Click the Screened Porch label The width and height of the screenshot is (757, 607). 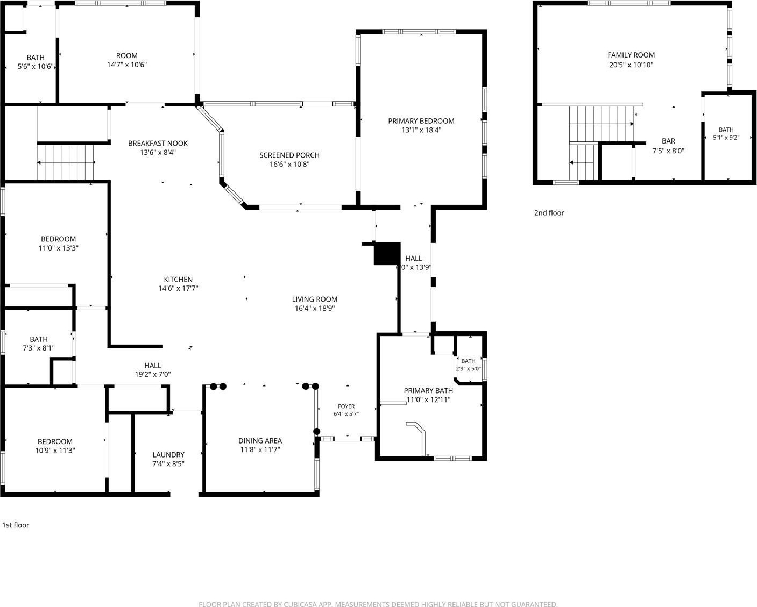[289, 155]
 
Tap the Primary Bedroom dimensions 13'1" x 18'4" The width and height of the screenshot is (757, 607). [421, 130]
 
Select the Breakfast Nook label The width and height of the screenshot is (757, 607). [158, 144]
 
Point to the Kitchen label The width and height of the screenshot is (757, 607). [178, 280]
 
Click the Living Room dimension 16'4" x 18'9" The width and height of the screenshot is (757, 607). [315, 308]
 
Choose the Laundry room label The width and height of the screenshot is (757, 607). [168, 454]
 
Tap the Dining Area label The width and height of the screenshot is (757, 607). [260, 440]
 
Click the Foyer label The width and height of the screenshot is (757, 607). [346, 406]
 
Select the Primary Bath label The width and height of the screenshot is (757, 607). [428, 390]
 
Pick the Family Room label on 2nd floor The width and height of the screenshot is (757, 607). [631, 55]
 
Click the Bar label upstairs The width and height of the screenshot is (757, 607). [668, 141]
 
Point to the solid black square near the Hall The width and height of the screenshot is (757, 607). [387, 253]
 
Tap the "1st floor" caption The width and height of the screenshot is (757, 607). [16, 525]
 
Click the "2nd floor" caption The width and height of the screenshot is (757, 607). [549, 213]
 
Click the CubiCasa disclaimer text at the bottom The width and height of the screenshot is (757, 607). [378, 604]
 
